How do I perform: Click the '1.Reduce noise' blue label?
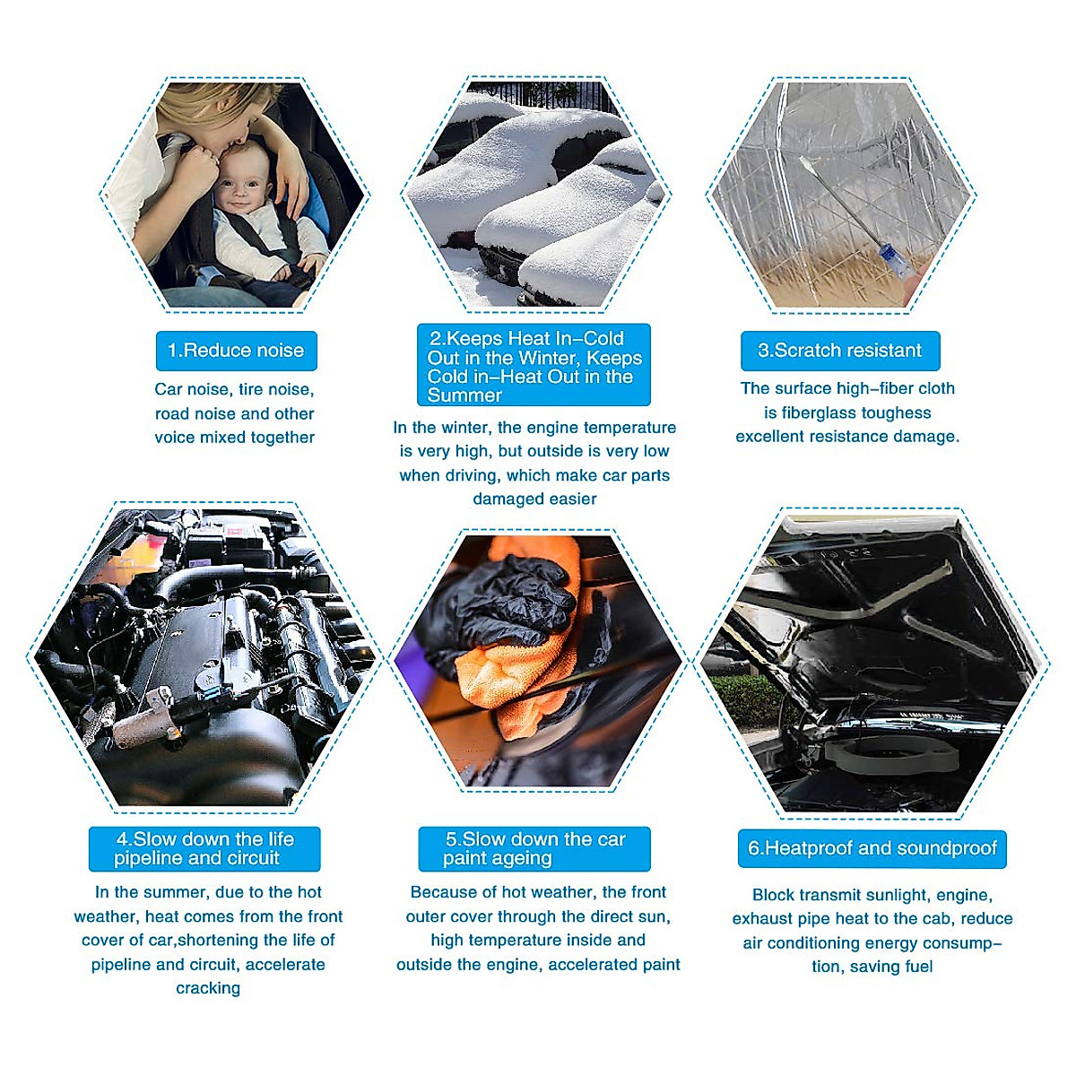[236, 351]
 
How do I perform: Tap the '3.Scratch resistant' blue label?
[839, 351]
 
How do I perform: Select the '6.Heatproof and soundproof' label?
[872, 848]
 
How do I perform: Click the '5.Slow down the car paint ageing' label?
[535, 848]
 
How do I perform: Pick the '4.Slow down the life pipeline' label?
[204, 848]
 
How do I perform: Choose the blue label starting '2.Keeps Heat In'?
[534, 366]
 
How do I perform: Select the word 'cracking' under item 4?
[208, 988]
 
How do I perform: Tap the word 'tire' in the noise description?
[252, 390]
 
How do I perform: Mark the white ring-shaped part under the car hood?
[888, 752]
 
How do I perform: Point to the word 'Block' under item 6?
[773, 895]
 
